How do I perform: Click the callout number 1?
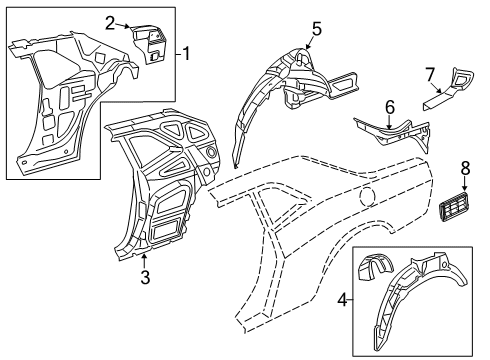tap(186, 53)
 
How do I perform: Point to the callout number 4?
tap(344, 300)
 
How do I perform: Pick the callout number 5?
tap(316, 28)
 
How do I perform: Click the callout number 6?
tap(391, 106)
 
